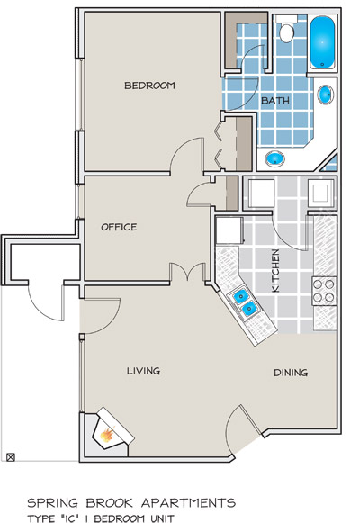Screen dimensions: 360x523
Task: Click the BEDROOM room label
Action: [149, 86]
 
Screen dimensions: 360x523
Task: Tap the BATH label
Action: [275, 100]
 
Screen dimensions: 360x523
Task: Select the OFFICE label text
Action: [119, 227]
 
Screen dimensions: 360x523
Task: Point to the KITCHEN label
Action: [275, 271]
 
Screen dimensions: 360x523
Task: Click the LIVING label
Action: [143, 371]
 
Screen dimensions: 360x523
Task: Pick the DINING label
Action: [291, 373]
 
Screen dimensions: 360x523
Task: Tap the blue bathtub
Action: [322, 42]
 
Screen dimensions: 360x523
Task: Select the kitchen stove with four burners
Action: [324, 291]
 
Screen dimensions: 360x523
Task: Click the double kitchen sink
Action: [245, 302]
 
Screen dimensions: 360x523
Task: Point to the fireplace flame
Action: [107, 435]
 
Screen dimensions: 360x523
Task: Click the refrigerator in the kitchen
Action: [229, 230]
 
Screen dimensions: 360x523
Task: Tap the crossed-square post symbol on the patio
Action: [11, 456]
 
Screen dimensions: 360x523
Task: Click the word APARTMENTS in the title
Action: [189, 502]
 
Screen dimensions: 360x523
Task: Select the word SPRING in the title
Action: [52, 502]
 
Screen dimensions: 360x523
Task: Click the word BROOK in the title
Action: [109, 502]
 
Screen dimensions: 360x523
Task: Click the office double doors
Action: [187, 272]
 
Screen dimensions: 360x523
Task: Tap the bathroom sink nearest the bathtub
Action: [326, 95]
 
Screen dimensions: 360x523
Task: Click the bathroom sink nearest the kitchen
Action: [275, 158]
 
